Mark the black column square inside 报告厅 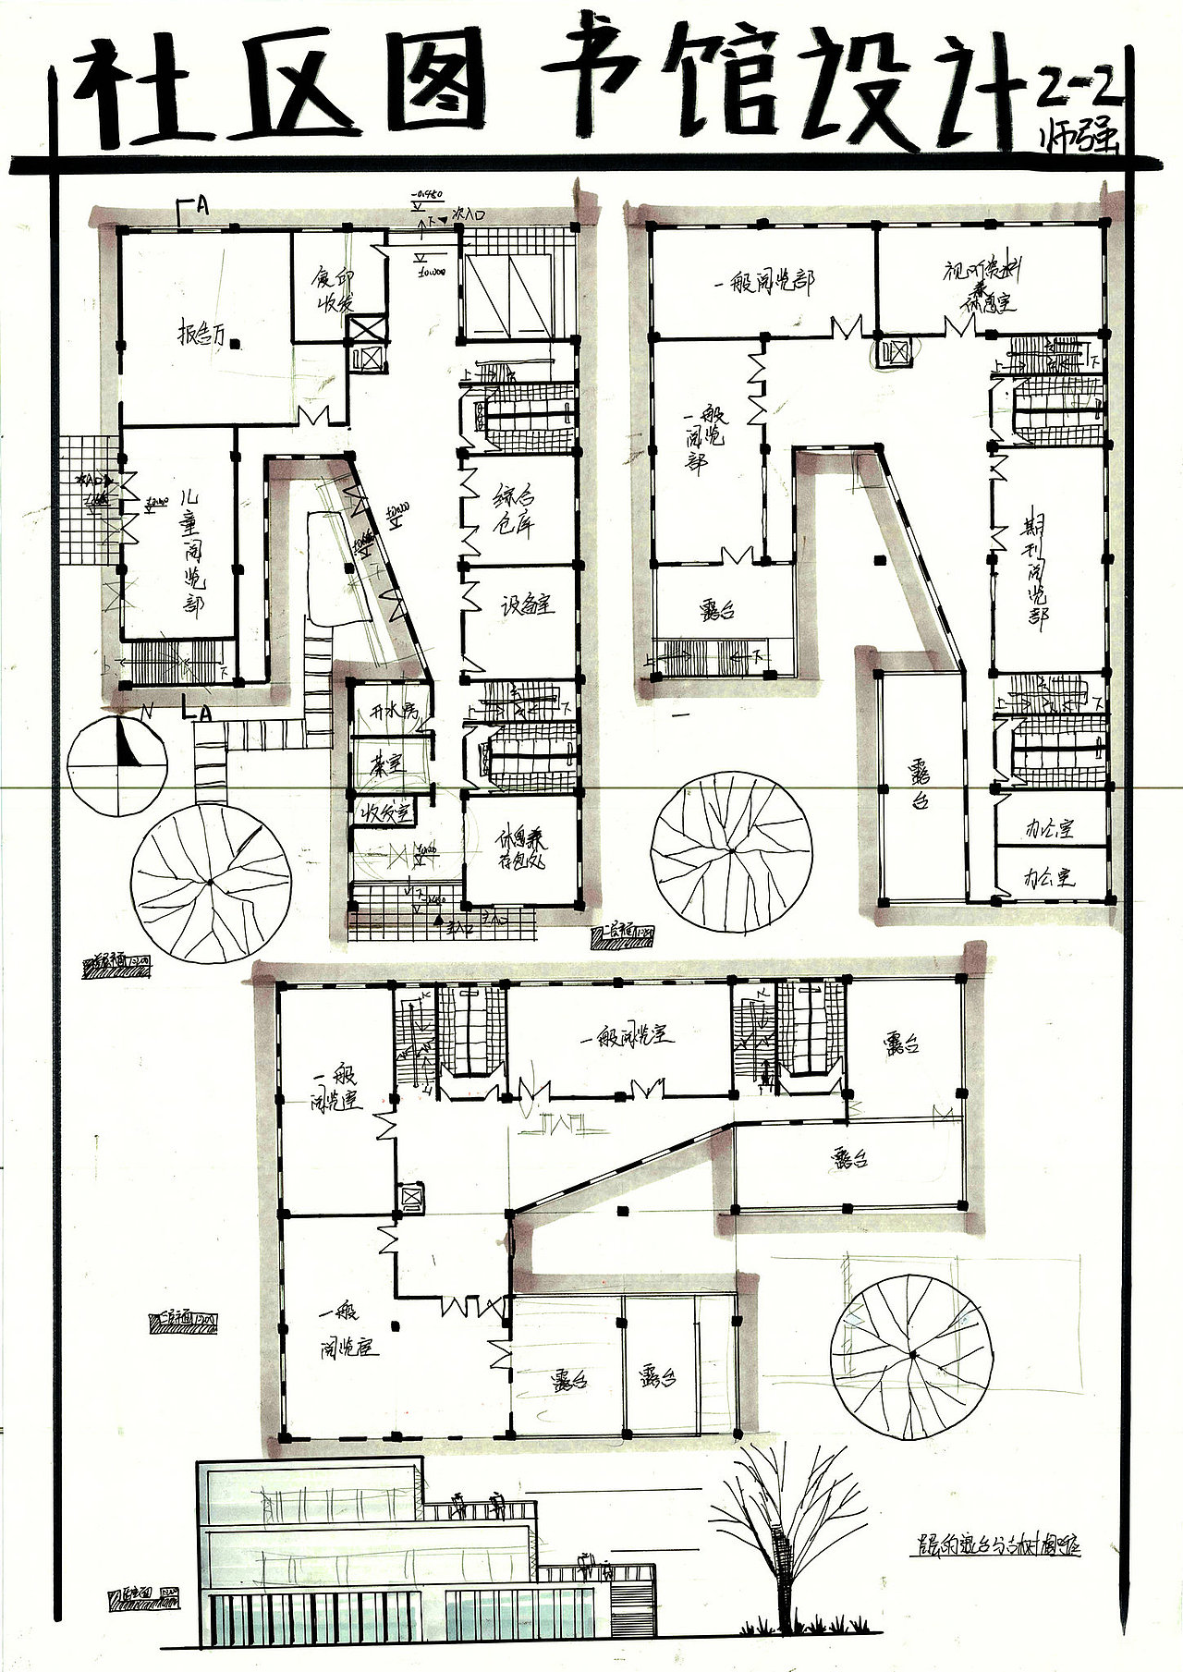coord(237,344)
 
